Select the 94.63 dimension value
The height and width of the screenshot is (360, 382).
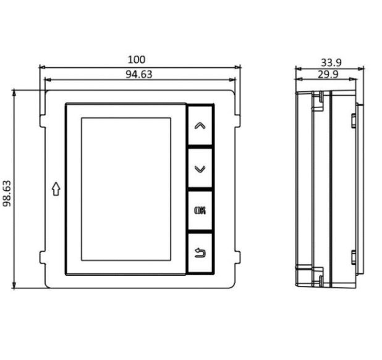(138, 74)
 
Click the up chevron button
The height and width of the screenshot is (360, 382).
(200, 125)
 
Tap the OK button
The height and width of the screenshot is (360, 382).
(200, 210)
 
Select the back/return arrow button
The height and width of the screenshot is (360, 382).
(200, 253)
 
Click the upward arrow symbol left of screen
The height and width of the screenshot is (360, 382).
(56, 189)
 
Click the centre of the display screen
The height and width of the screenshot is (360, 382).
(126, 189)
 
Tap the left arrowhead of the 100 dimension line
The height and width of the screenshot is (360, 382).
(41, 66)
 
